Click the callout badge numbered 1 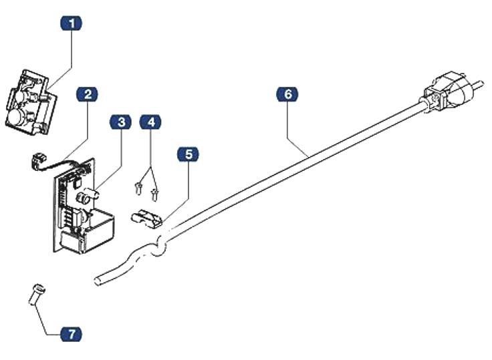[x=72, y=23]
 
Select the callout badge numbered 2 [x=88, y=94]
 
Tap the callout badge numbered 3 [x=121, y=122]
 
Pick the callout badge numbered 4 [x=151, y=122]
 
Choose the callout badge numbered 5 [x=189, y=155]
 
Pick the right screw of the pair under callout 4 [x=155, y=194]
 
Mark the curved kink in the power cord [x=158, y=246]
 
